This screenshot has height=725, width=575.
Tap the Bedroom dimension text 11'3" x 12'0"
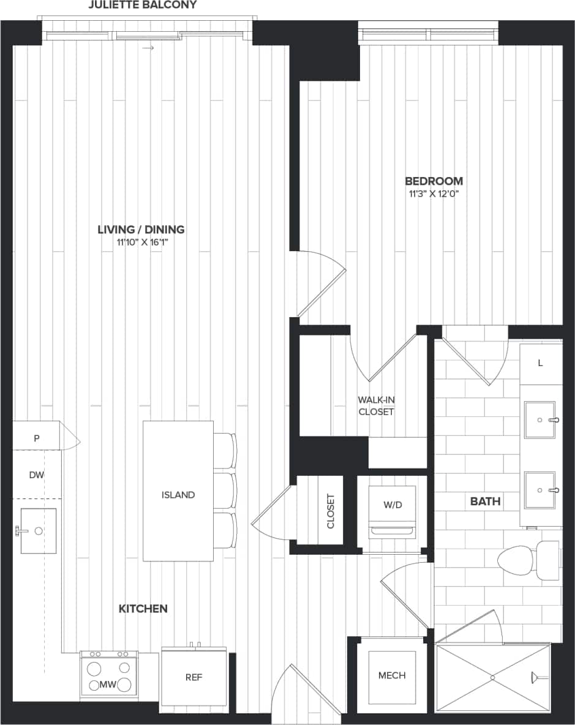[434, 194]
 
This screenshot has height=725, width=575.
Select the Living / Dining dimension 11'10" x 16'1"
[141, 242]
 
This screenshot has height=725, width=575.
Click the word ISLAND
[178, 495]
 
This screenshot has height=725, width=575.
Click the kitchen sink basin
[38, 531]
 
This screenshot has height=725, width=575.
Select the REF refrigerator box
[194, 677]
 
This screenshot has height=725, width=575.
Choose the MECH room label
[392, 675]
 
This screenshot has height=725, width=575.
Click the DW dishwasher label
[36, 475]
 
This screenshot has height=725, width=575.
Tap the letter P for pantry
[37, 438]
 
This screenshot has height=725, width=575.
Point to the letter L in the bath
[540, 363]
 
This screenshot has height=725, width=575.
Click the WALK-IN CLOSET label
[376, 406]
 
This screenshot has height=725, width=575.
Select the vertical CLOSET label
[331, 511]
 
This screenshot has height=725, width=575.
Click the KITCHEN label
[143, 609]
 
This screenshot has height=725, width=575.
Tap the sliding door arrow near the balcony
[147, 48]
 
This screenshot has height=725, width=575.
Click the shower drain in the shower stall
[492, 677]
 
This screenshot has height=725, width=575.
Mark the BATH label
[485, 501]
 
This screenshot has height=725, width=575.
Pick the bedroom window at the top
[428, 33]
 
